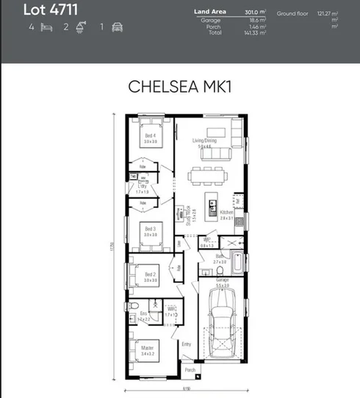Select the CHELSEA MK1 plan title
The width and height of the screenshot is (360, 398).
click(179, 86)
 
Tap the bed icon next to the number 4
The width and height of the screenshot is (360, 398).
click(46, 27)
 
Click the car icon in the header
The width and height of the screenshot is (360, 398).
click(118, 27)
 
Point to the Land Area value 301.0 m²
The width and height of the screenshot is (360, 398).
click(253, 12)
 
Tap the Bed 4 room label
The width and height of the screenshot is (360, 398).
click(151, 136)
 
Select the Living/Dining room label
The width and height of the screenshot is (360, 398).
click(205, 140)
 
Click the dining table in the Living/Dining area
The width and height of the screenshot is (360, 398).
click(206, 174)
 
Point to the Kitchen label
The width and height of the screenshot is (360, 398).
click(226, 212)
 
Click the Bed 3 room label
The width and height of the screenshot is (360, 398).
click(151, 229)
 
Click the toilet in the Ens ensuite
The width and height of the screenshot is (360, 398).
click(154, 304)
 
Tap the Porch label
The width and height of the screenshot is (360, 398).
click(190, 370)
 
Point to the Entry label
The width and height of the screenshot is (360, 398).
click(187, 343)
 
